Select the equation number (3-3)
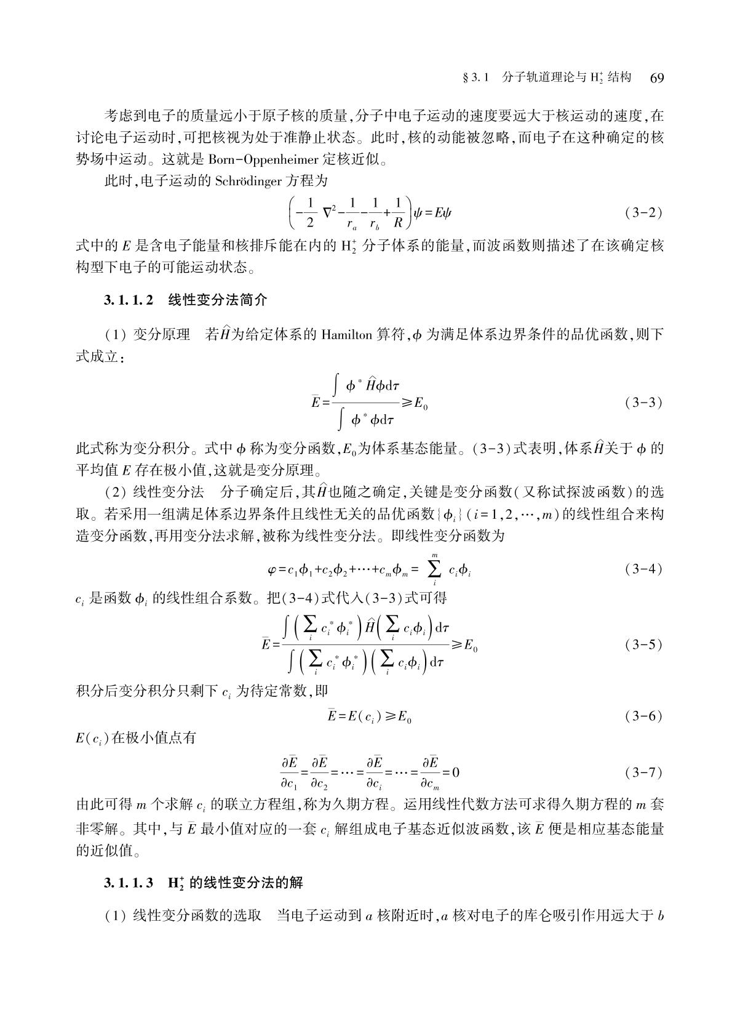click(643, 403)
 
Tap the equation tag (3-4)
click(643, 569)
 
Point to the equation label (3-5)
click(643, 645)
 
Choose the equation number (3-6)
click(643, 716)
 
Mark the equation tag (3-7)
click(643, 771)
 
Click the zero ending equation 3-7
click(456, 772)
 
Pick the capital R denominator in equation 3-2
click(397, 222)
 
